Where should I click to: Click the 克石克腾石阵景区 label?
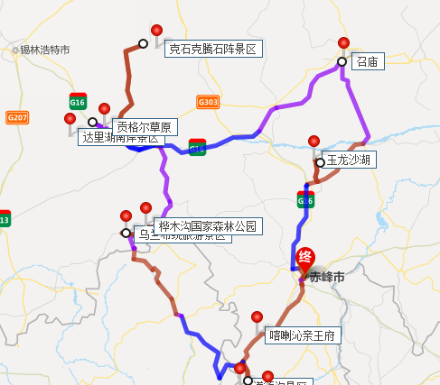click(x=213, y=50)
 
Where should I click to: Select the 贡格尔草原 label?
click(x=144, y=126)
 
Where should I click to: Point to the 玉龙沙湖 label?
click(x=348, y=160)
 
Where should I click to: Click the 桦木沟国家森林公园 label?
click(x=207, y=225)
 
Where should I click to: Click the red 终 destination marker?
click(x=307, y=258)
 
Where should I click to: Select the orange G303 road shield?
click(x=207, y=102)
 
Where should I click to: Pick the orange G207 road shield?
click(x=17, y=117)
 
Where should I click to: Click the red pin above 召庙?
click(x=343, y=43)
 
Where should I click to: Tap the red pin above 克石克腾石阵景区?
click(x=157, y=31)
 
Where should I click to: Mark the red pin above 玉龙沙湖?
click(x=314, y=142)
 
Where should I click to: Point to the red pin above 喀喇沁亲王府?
click(x=257, y=317)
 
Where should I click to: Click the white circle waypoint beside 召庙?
click(x=342, y=62)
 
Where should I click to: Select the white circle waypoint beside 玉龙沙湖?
click(x=321, y=162)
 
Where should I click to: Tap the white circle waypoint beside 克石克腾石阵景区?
click(x=143, y=43)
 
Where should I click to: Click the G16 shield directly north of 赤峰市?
click(x=304, y=201)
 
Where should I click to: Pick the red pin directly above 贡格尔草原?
click(x=104, y=109)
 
